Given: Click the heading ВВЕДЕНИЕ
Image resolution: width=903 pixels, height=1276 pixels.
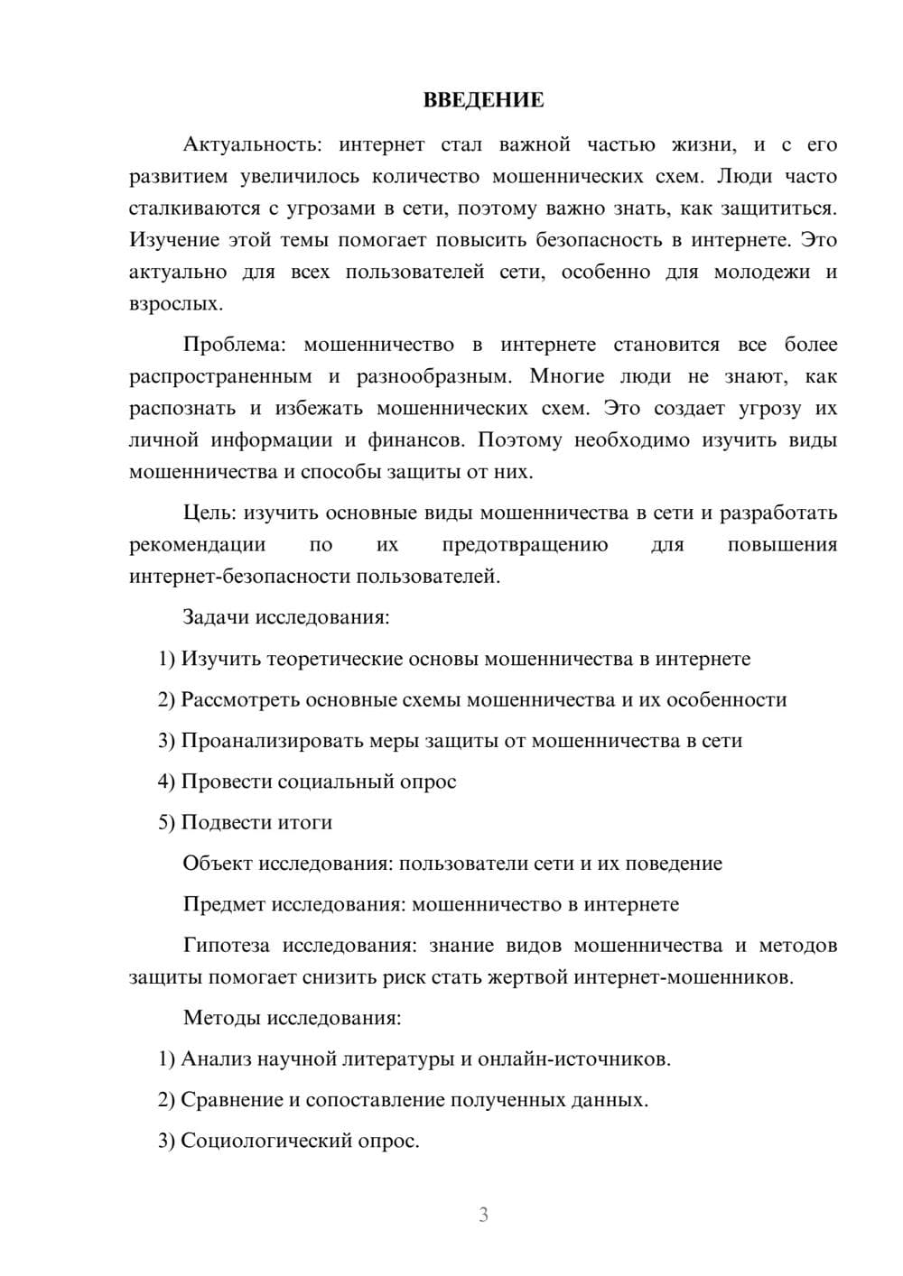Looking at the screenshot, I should tap(483, 100).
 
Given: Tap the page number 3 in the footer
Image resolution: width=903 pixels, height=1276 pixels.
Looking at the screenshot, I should tap(483, 1215).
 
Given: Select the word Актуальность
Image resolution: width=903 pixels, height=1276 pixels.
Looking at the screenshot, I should tap(250, 145).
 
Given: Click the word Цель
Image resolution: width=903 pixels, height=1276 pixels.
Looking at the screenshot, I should tap(209, 513).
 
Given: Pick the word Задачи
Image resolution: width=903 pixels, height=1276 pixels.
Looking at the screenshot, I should tap(217, 618).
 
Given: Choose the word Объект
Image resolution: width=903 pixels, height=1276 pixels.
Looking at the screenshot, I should tap(218, 864).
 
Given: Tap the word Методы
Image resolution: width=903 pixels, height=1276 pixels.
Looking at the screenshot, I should tap(222, 1018).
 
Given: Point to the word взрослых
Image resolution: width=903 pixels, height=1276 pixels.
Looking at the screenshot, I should tap(174, 303).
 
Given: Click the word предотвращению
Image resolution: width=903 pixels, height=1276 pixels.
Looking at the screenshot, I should tap(525, 545).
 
